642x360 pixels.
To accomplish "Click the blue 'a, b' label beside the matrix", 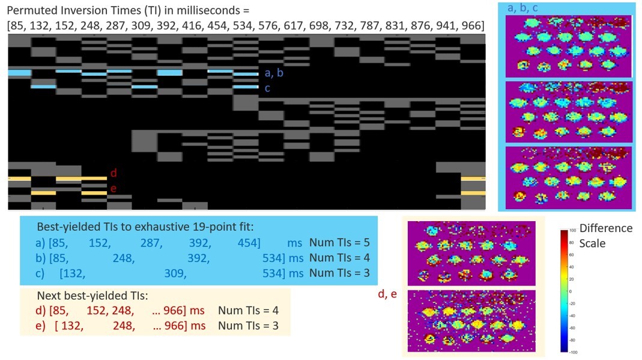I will coord(273,73).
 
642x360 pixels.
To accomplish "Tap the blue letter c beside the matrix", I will coord(267,88).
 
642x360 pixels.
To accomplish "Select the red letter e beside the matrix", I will coord(114,189).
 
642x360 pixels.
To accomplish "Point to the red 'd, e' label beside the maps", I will coord(387,294).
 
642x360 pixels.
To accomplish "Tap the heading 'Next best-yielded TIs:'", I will coord(92,295).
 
